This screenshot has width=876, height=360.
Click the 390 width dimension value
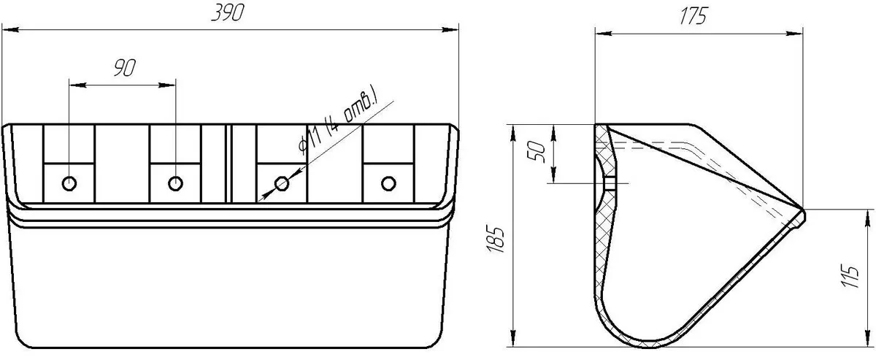point(228,12)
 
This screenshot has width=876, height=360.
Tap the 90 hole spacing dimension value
point(125,68)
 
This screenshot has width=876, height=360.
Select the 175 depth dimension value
point(694,16)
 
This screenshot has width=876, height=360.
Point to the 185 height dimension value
point(496,238)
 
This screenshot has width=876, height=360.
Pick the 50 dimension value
point(537,151)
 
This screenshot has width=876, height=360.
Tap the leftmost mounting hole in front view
point(69,183)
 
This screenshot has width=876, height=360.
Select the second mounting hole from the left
point(176,183)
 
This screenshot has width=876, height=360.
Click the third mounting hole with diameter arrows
point(282,183)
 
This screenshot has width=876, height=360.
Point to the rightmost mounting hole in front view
point(388,183)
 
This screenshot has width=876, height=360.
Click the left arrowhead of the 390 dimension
point(10,30)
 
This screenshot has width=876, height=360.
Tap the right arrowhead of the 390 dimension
point(450,30)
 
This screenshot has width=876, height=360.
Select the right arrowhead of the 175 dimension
point(794,34)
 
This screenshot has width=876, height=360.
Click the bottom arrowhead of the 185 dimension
point(513,339)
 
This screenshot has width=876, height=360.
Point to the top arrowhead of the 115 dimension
point(866,218)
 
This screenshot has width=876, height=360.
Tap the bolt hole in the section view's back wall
point(610,183)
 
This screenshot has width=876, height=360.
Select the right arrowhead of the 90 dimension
point(167,85)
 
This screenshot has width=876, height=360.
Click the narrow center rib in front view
point(228,164)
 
